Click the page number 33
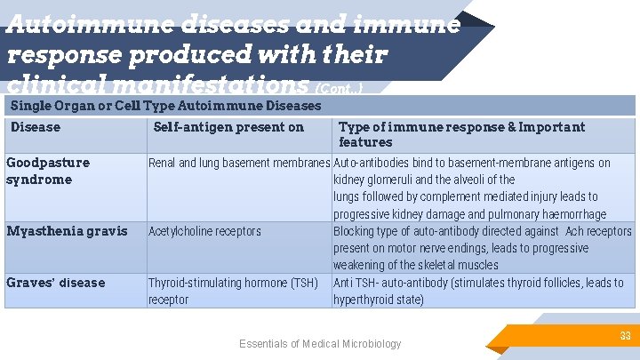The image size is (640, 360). (x=624, y=336)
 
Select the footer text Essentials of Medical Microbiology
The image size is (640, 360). (x=320, y=344)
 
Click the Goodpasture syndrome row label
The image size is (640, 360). (x=48, y=171)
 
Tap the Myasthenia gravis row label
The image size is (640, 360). (x=67, y=231)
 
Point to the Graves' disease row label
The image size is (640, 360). (x=55, y=283)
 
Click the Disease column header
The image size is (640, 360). (x=36, y=127)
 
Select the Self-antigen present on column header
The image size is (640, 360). (x=228, y=127)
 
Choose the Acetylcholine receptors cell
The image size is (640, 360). (x=204, y=231)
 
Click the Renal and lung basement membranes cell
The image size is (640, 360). (x=239, y=163)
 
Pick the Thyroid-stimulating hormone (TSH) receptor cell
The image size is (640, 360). (x=233, y=291)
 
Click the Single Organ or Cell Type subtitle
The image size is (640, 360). (x=165, y=106)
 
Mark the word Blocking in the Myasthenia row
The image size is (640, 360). (x=356, y=231)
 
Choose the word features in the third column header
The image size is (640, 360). (x=365, y=142)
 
